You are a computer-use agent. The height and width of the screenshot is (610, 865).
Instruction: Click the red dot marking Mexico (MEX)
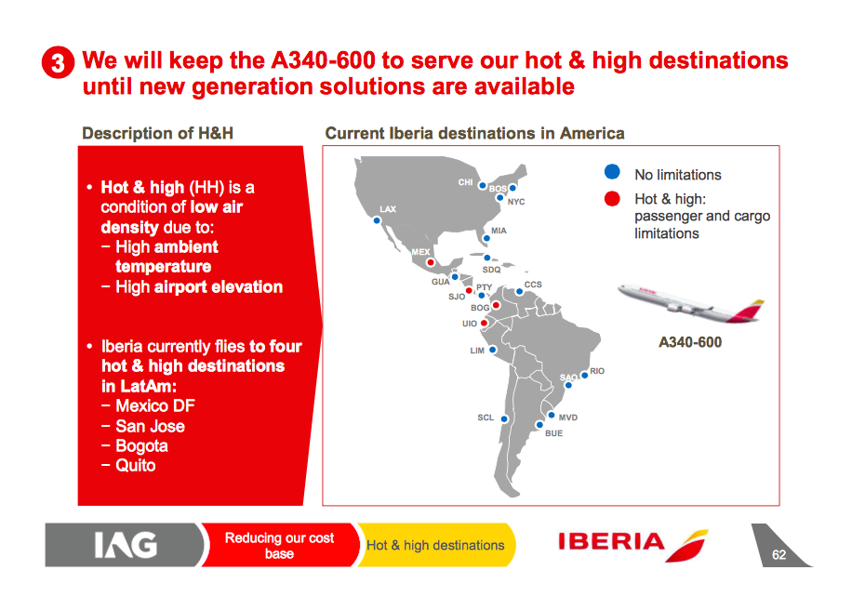pyautogui.click(x=431, y=262)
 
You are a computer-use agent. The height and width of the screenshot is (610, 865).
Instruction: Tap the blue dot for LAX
pyautogui.click(x=377, y=220)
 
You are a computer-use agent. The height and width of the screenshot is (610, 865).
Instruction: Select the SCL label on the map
pyautogui.click(x=486, y=418)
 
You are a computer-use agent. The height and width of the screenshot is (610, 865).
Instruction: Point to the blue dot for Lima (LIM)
pyautogui.click(x=493, y=350)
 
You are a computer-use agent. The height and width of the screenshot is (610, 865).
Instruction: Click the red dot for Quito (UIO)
pyautogui.click(x=484, y=324)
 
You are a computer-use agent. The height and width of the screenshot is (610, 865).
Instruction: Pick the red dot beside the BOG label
pyautogui.click(x=496, y=305)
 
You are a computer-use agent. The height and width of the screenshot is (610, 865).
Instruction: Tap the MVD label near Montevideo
pyautogui.click(x=568, y=418)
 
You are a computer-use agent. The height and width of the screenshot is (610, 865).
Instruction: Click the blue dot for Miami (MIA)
pyautogui.click(x=486, y=239)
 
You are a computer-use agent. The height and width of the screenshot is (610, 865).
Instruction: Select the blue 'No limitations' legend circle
pyautogui.click(x=612, y=172)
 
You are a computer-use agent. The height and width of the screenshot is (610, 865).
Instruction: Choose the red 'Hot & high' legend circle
pyautogui.click(x=612, y=199)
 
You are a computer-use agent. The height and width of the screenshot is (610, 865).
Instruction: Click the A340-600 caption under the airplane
pyautogui.click(x=690, y=342)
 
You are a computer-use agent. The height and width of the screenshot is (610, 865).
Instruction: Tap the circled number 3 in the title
pyautogui.click(x=58, y=62)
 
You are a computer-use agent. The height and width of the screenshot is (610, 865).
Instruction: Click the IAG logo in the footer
pyautogui.click(x=126, y=545)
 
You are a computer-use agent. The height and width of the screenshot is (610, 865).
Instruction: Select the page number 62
pyautogui.click(x=778, y=554)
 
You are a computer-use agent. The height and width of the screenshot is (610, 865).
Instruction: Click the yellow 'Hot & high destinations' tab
pyautogui.click(x=436, y=545)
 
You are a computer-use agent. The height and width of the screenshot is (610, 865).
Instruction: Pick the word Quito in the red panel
pyautogui.click(x=136, y=466)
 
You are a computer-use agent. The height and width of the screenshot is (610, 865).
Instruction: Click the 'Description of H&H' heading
pyautogui.click(x=158, y=133)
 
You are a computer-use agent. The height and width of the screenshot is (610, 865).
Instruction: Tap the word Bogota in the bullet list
pyautogui.click(x=141, y=445)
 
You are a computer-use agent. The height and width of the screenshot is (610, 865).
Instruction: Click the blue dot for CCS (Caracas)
pyautogui.click(x=519, y=292)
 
